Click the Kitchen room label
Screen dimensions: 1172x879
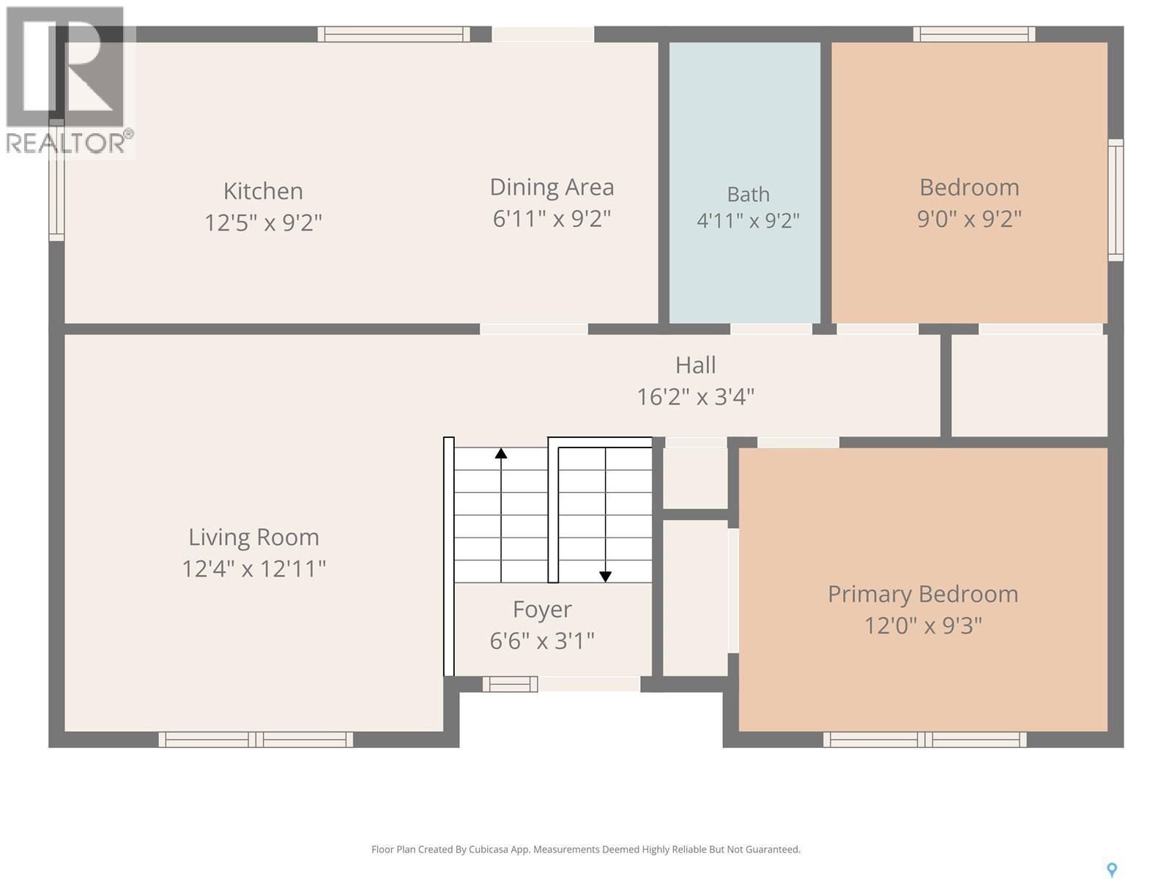[x=263, y=191]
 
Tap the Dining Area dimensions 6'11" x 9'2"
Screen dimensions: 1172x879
[x=552, y=218]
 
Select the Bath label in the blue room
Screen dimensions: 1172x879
[x=748, y=194]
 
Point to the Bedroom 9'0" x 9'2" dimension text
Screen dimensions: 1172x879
[x=969, y=218]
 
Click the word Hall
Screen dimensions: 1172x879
[x=695, y=365]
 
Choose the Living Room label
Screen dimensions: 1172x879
[x=253, y=538]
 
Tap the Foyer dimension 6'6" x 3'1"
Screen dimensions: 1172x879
[x=542, y=640]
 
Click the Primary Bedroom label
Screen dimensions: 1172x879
[x=923, y=594]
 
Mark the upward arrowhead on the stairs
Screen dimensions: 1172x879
[x=500, y=453]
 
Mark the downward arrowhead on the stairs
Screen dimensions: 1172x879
[x=605, y=577]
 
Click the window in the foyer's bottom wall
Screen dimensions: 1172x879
[x=510, y=683]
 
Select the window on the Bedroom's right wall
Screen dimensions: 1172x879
[x=1116, y=200]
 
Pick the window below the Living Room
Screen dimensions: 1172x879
[x=256, y=740]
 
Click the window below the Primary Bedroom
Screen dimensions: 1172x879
[x=924, y=740]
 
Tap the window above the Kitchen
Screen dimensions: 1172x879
[x=393, y=34]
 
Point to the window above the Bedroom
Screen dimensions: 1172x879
[x=974, y=34]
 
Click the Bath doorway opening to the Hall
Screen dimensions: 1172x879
[x=771, y=329]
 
